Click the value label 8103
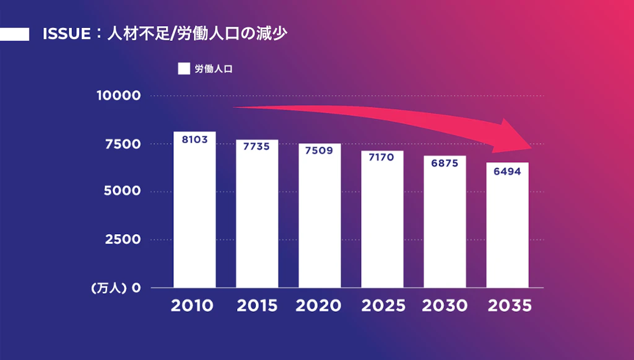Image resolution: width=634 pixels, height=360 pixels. tap(194, 139)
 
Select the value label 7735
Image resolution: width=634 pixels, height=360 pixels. tap(257, 147)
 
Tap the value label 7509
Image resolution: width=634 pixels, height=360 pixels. tap(319, 151)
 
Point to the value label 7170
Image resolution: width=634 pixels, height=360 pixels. tap(382, 158)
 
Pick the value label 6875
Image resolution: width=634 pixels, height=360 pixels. tap(445, 164)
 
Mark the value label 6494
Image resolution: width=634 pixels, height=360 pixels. tap(507, 171)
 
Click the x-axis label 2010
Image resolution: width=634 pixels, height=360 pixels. tap(193, 306)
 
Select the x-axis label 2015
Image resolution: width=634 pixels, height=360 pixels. tap(256, 306)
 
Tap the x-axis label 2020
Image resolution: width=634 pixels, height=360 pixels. tap(319, 306)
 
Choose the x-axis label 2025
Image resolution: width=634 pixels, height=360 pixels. tap(384, 306)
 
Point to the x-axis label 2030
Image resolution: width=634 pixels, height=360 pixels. tap(445, 306)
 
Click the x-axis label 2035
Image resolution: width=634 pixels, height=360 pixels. tap(510, 306)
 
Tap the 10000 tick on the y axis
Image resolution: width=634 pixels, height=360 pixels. tap(118, 96)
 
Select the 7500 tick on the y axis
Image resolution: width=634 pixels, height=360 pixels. tap(123, 144)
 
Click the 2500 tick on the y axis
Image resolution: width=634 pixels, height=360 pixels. tap(123, 239)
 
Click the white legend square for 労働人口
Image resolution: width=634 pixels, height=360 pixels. tap(184, 69)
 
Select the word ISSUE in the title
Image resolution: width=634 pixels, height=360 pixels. tap(66, 34)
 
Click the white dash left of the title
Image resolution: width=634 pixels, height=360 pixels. tap(14, 34)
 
